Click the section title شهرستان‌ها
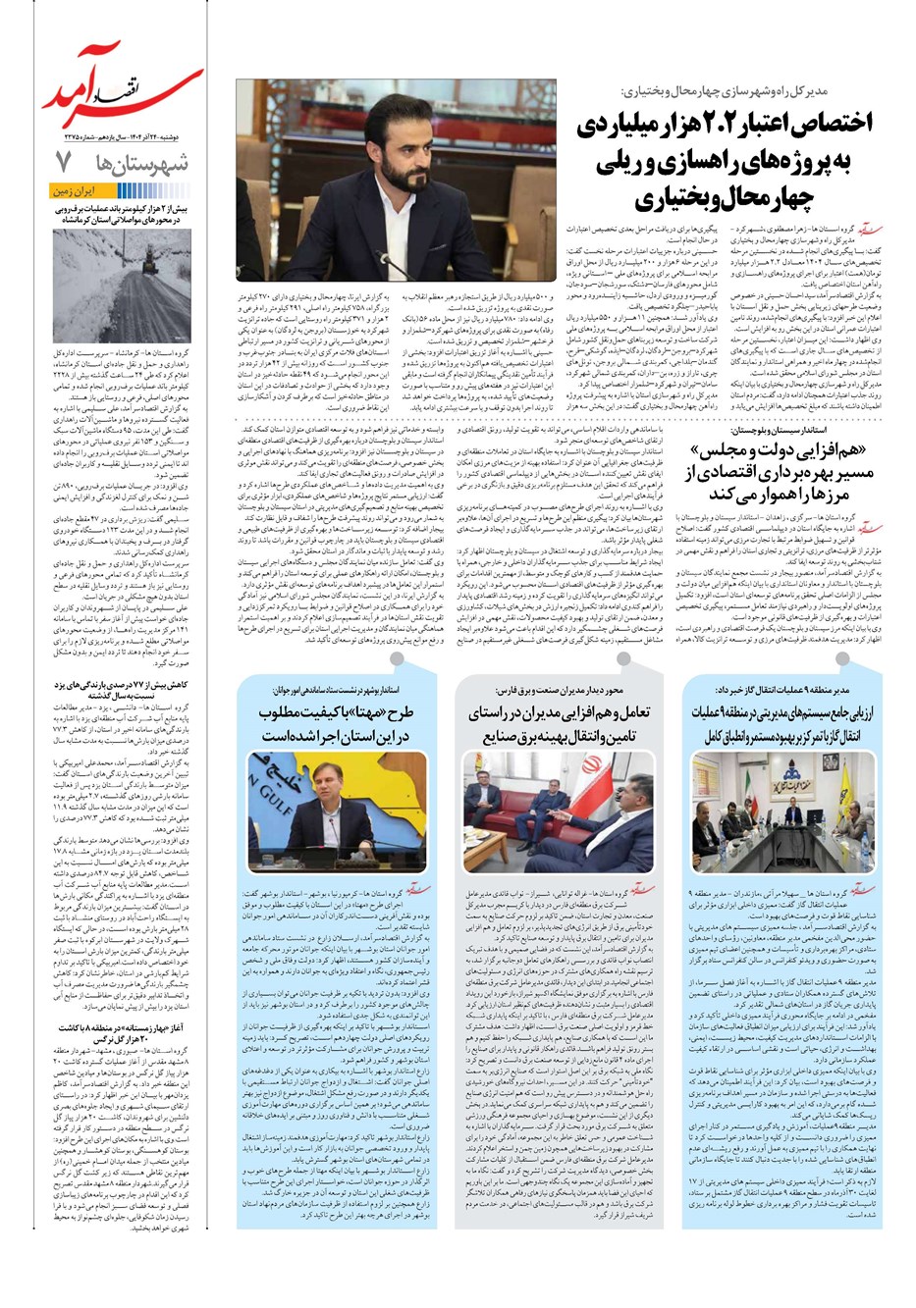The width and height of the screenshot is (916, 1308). [x=138, y=162]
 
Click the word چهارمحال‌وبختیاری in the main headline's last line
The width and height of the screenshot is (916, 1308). [x=716, y=199]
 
